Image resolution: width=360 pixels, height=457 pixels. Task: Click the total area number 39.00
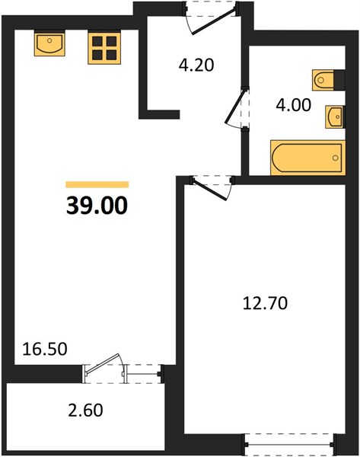tap(97, 205)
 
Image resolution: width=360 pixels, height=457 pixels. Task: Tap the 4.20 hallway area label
tap(196, 65)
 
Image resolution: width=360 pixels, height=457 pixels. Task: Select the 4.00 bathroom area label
tap(293, 105)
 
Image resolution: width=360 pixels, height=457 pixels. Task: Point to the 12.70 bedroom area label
tap(265, 303)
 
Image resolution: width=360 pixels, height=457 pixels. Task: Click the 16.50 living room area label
tap(45, 349)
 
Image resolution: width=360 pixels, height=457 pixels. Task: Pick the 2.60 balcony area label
tap(85, 410)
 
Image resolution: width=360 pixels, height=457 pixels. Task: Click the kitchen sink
tap(49, 44)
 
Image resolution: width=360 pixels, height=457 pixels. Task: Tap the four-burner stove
tap(104, 49)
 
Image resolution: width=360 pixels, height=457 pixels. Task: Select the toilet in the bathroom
tap(328, 79)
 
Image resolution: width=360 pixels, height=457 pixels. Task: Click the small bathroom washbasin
tap(335, 117)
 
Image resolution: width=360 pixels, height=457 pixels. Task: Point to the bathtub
tap(307, 158)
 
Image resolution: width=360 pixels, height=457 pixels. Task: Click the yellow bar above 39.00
tap(97, 184)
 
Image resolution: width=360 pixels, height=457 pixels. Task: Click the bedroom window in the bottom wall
tap(290, 445)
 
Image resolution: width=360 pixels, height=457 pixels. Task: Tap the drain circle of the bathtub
tap(335, 158)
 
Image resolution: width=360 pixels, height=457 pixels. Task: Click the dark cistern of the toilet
tap(339, 79)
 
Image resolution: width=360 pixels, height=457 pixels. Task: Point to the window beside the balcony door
tap(143, 374)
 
